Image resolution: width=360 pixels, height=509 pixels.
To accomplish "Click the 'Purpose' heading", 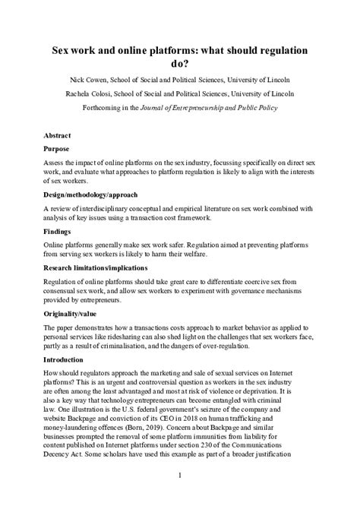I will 58,149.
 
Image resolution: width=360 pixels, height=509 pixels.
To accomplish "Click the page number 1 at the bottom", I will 179,476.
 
